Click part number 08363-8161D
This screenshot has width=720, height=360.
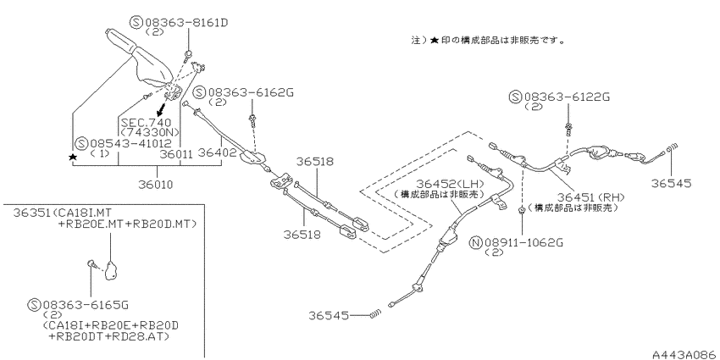click(187, 21)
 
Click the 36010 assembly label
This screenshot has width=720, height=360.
click(157, 185)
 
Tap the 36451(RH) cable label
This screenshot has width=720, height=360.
click(591, 197)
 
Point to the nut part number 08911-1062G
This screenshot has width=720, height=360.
click(523, 242)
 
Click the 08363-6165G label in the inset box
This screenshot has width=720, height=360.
click(86, 304)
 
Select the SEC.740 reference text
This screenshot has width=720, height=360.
click(146, 123)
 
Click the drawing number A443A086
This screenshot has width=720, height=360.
click(686, 354)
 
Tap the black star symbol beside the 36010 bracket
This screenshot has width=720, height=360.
click(73, 157)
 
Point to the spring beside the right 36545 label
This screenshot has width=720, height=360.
click(672, 148)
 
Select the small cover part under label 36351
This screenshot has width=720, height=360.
click(111, 270)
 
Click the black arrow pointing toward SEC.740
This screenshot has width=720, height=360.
click(161, 108)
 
